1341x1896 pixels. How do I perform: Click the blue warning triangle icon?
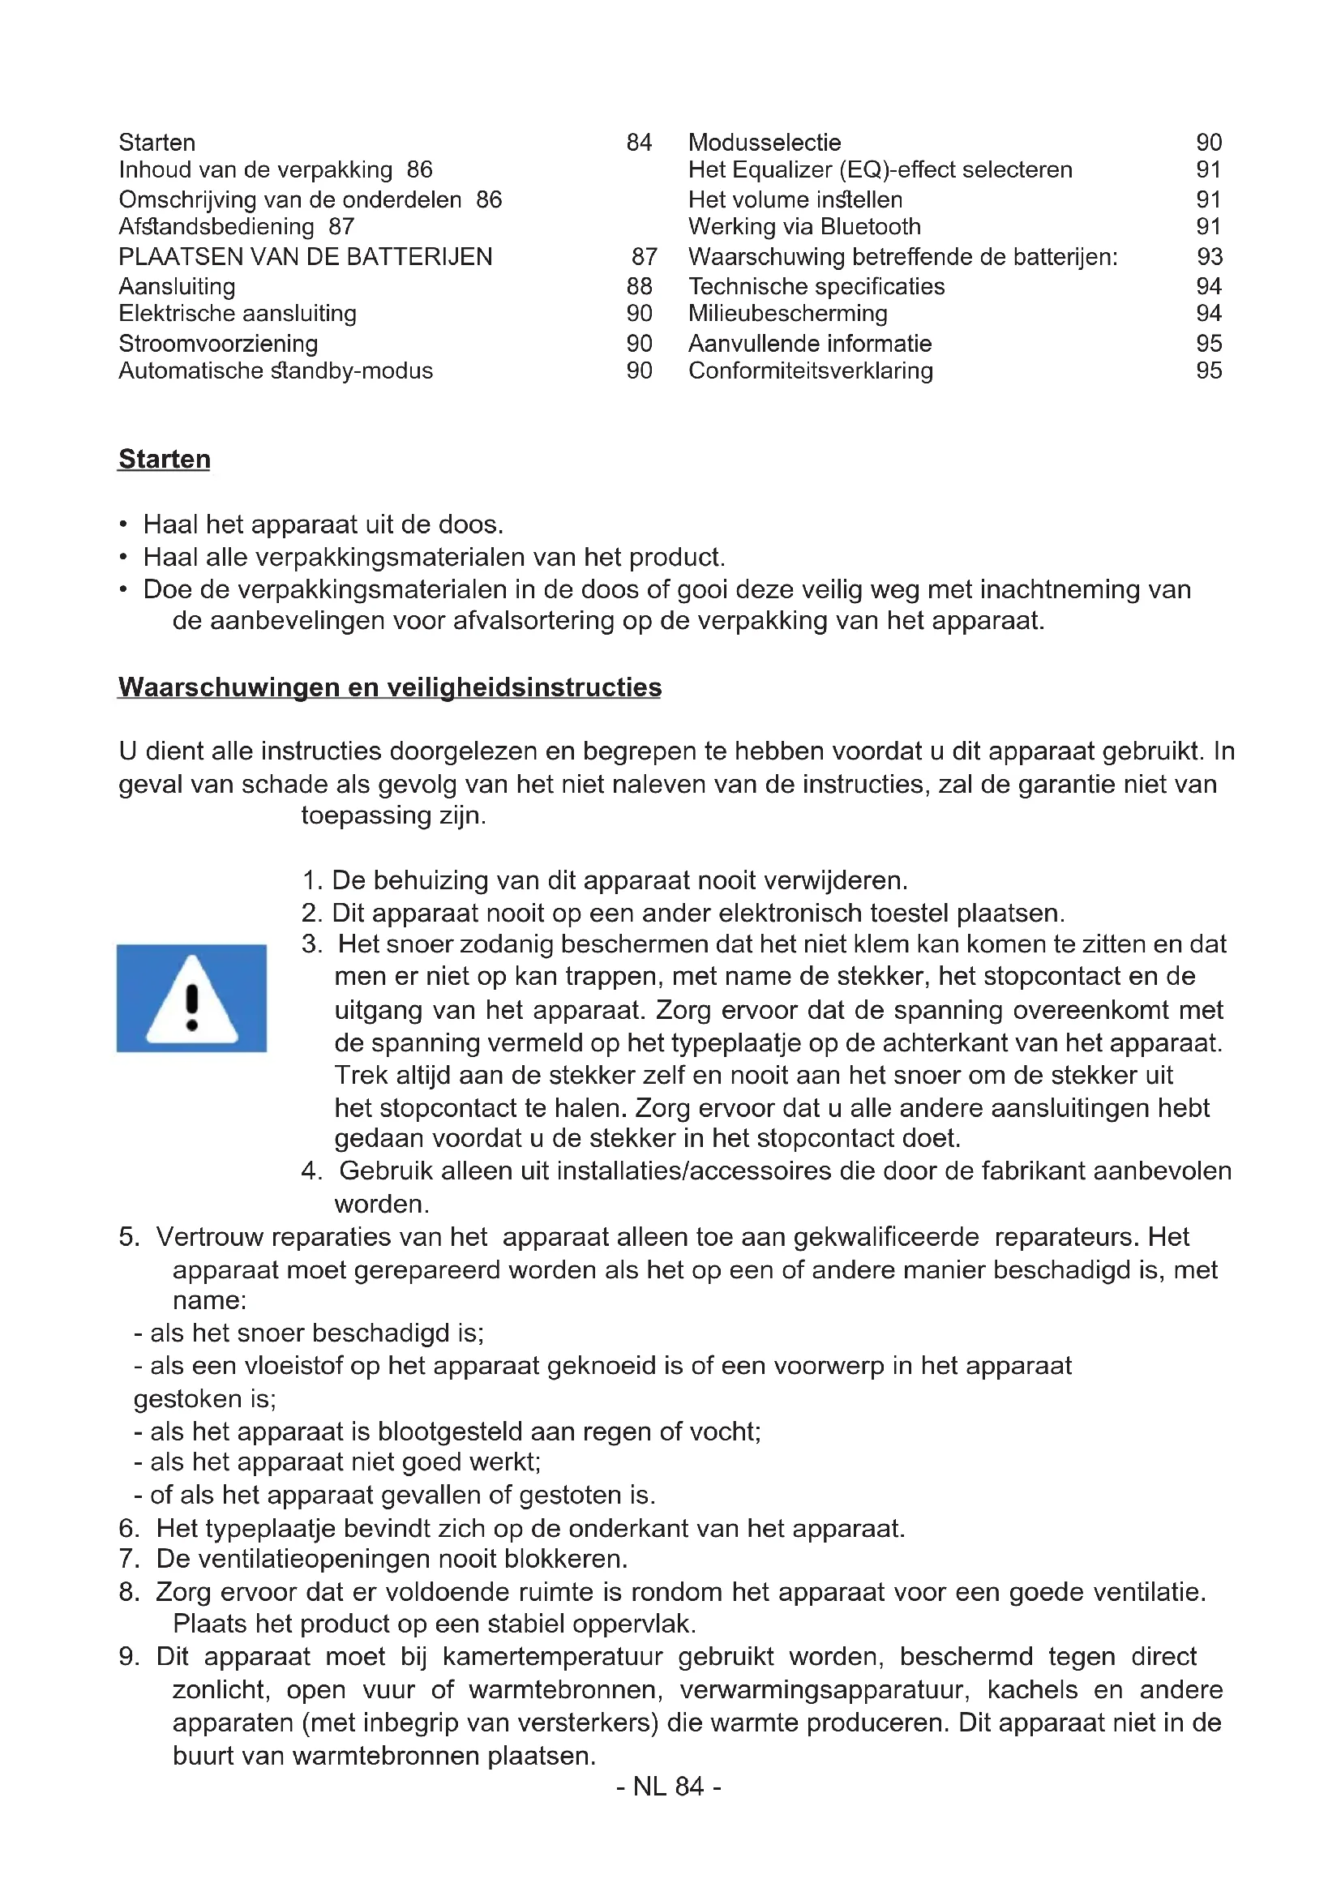(x=191, y=998)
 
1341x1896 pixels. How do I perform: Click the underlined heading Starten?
(x=165, y=459)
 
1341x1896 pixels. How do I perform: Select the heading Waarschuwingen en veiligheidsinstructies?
(x=389, y=687)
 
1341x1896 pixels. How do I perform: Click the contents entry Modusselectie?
(x=764, y=143)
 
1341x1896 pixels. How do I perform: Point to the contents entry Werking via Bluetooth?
(x=804, y=227)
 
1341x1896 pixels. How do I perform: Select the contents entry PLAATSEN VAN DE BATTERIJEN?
(x=305, y=257)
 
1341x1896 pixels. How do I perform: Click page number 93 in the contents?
(x=1209, y=257)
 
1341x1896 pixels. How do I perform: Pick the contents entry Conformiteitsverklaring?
(x=810, y=370)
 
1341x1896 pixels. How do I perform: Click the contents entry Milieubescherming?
(x=788, y=314)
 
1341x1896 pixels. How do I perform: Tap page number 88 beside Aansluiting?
(x=639, y=286)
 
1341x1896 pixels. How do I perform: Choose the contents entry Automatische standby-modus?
(x=275, y=370)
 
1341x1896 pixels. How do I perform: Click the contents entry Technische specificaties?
(x=816, y=286)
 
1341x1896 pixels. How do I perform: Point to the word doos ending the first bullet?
(x=470, y=524)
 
